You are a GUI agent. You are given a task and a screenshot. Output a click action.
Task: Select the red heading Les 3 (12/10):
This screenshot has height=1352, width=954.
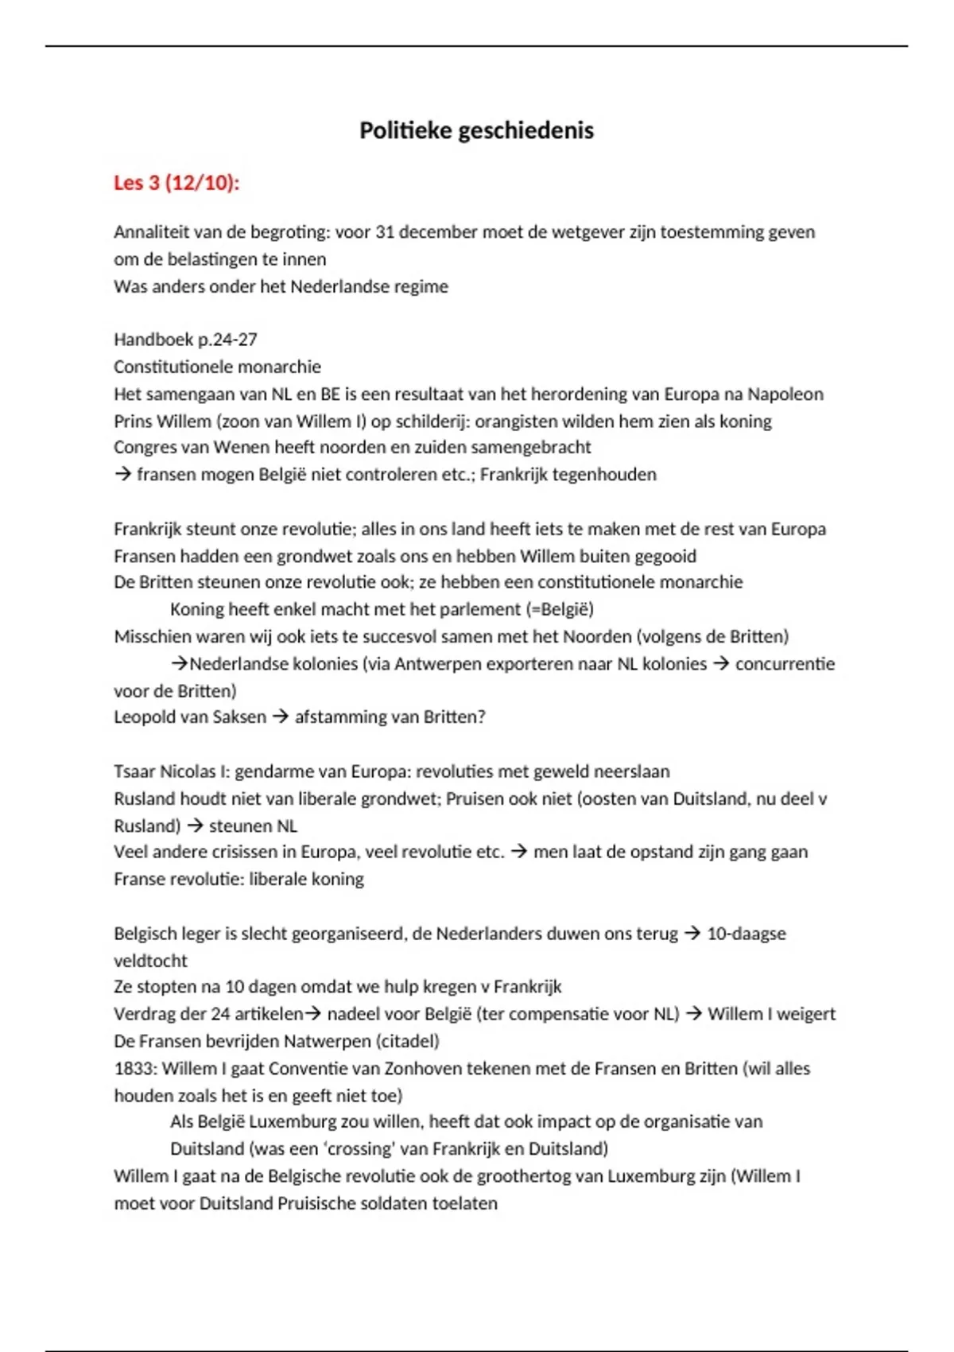pos(176,183)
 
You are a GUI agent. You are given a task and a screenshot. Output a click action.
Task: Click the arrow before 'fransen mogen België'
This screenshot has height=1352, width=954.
pos(122,475)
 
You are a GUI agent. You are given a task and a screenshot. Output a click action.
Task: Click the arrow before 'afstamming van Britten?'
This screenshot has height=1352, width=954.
pos(280,717)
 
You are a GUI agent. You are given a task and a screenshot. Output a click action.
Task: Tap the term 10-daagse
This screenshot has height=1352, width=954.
pos(746,934)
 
